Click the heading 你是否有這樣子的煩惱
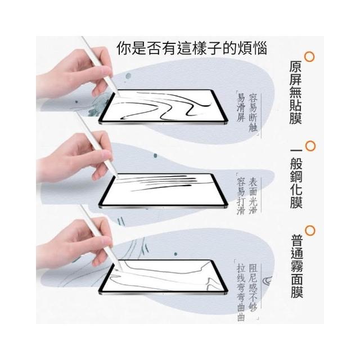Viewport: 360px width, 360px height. tap(192, 48)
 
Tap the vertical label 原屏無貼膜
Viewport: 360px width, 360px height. tap(295, 92)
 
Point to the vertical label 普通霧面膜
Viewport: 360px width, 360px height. tap(297, 266)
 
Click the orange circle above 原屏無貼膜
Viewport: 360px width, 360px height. tap(309, 57)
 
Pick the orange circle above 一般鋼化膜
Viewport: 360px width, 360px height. tap(310, 146)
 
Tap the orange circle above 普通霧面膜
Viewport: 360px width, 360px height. tap(309, 231)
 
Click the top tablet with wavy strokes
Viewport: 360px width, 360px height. tap(163, 107)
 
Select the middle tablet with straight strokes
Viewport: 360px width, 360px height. tap(163, 191)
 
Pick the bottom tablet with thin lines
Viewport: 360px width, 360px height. tap(163, 277)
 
